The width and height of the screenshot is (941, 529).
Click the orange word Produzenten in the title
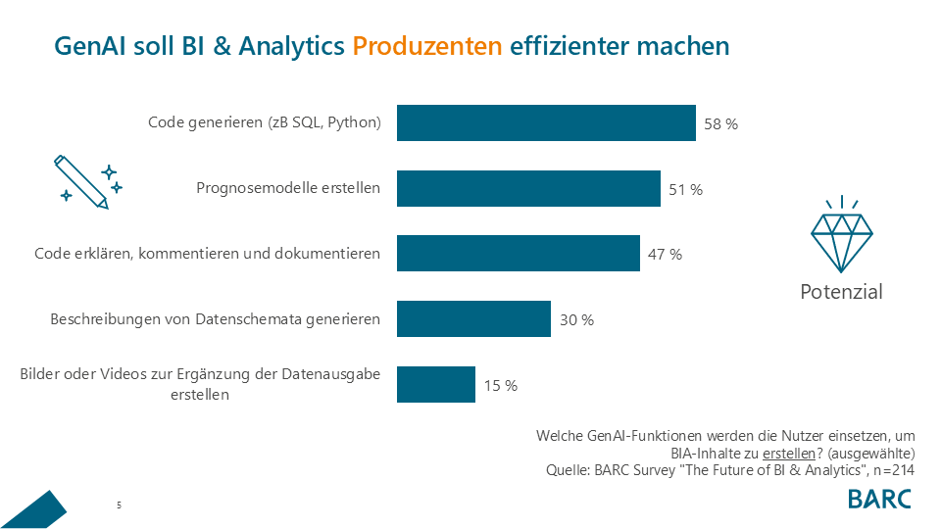coord(427,46)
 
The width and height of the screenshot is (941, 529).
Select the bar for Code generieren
coord(546,123)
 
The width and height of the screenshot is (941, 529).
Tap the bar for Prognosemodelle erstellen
coord(528,188)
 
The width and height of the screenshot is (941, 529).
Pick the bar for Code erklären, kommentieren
coord(518,254)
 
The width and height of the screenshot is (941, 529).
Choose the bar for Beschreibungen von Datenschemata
coord(473,319)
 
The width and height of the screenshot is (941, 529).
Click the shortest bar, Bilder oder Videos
coord(436,385)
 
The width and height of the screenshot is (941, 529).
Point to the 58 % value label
coord(720,124)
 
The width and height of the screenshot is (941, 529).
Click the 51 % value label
coord(685,190)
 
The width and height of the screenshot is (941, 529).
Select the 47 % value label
coord(665,255)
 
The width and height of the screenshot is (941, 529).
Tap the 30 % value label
coord(576,320)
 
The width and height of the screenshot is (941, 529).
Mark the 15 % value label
coord(500,386)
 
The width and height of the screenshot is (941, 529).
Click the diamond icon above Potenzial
coord(841,235)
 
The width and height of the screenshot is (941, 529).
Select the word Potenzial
coord(841,292)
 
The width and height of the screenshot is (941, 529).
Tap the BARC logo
coord(879,498)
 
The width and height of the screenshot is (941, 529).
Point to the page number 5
coord(119,505)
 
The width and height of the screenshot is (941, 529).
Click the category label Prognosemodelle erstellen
coord(288,188)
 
